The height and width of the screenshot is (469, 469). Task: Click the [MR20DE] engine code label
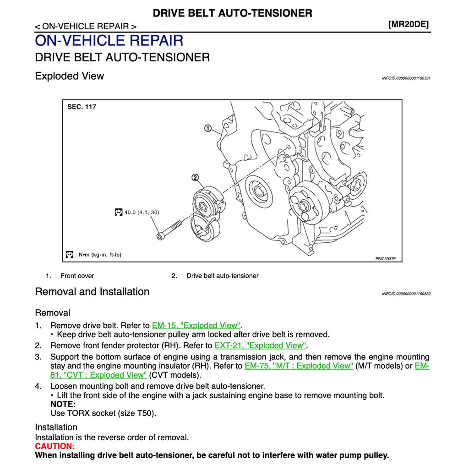pyautogui.click(x=409, y=24)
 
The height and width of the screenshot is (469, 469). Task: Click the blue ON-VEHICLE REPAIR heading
pyautogui.click(x=109, y=40)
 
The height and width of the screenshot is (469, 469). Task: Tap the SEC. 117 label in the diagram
pyautogui.click(x=82, y=107)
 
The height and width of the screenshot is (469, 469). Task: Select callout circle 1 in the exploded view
pyautogui.click(x=207, y=128)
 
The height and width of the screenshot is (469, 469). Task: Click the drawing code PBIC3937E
pyautogui.click(x=385, y=259)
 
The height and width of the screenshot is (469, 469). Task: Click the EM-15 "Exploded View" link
pyautogui.click(x=196, y=325)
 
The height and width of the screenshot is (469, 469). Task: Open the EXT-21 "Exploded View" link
pyautogui.click(x=260, y=345)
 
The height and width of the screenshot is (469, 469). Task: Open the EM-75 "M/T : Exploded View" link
pyautogui.click(x=299, y=365)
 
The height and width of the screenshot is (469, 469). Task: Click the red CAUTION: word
pyautogui.click(x=55, y=446)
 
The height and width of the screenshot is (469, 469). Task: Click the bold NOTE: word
pyautogui.click(x=63, y=404)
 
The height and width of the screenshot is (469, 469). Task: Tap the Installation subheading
pyautogui.click(x=56, y=427)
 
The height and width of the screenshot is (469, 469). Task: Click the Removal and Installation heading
pyautogui.click(x=92, y=291)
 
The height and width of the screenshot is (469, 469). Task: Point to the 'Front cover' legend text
pyautogui.click(x=77, y=276)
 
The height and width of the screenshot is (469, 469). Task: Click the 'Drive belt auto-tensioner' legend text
pyautogui.click(x=222, y=276)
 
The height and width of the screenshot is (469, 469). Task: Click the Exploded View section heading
pyautogui.click(x=70, y=76)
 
